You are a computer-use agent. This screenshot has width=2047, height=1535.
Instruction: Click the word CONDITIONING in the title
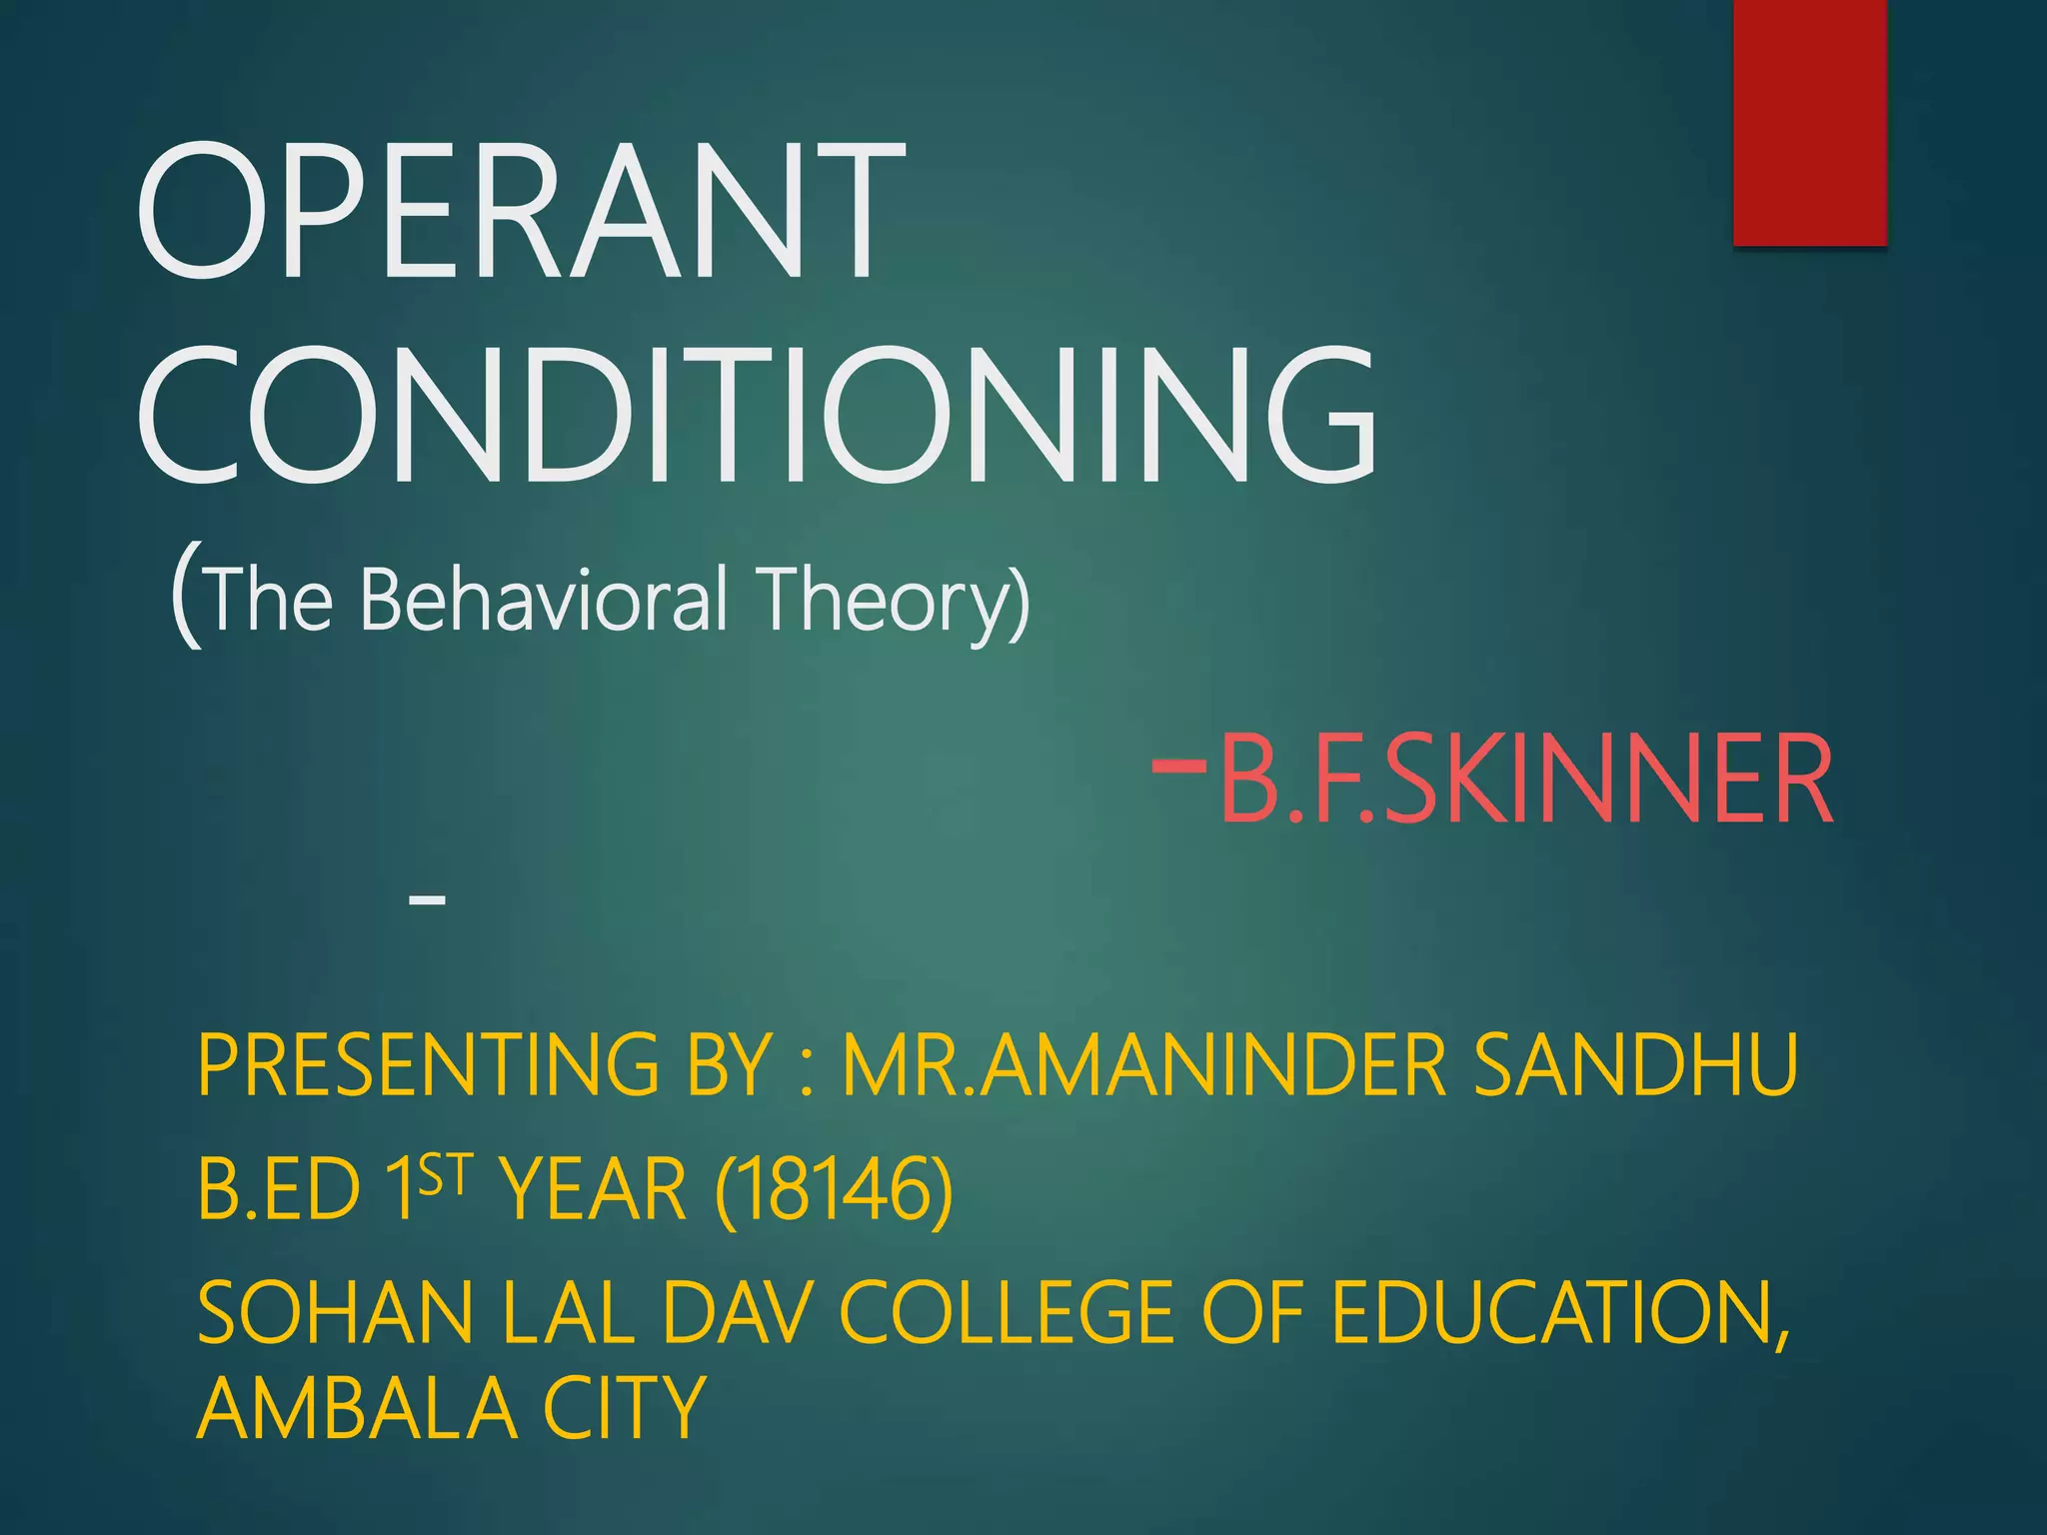758,415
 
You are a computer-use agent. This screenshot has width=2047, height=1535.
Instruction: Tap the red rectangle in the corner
1809,122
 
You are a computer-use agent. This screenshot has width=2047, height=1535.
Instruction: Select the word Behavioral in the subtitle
544,600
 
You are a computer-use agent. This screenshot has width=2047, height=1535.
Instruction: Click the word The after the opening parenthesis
270,600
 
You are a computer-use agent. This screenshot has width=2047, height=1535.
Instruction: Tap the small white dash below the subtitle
427,900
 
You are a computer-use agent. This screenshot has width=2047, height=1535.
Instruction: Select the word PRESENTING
428,1065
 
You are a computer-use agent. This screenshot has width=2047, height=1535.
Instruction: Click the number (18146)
834,1189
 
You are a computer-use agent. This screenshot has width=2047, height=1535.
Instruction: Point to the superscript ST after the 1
443,1174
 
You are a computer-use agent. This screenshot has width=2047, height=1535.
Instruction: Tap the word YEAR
594,1189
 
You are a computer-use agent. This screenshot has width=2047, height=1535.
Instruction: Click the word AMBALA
358,1407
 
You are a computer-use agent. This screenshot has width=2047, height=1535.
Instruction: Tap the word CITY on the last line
625,1407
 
